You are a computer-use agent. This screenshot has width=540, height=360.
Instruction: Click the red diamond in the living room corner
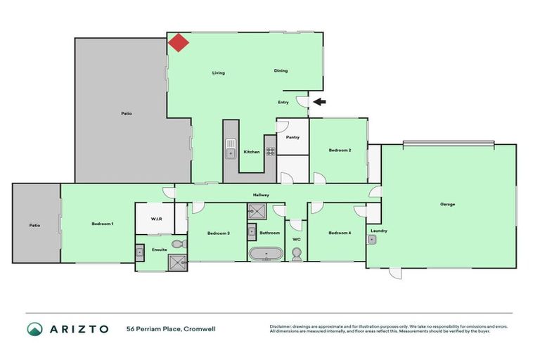pos(179,43)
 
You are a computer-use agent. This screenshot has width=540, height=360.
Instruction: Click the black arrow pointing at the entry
pos(319,102)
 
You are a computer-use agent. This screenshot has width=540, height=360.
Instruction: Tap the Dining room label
pos(281,70)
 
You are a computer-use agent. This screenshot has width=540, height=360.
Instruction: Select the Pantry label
pos(292,137)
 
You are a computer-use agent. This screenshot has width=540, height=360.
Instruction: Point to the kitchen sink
pos(231,149)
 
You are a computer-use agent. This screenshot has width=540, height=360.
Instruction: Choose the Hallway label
pos(262,195)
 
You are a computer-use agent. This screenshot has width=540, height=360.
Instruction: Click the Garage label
pos(448,205)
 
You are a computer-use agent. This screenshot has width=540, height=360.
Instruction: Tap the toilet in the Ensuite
pos(178,244)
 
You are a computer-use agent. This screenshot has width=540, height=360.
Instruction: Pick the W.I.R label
pos(156,219)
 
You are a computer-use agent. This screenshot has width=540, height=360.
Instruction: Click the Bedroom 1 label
pos(103,224)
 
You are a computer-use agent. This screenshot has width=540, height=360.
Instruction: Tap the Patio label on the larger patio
pos(127,113)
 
